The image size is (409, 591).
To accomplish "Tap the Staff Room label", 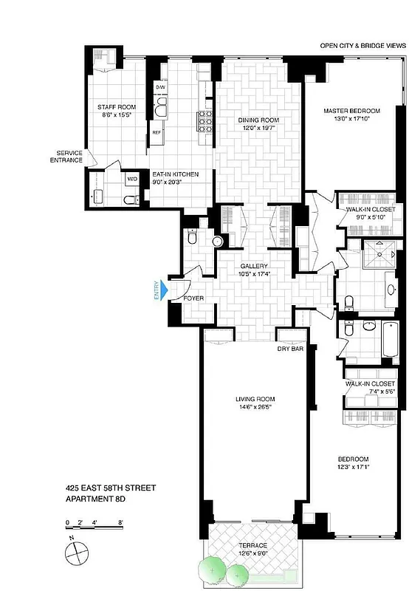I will (114, 107).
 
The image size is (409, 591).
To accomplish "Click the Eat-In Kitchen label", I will (175, 174).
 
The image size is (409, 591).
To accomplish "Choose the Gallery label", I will (253, 266).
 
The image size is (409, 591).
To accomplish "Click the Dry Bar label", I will (291, 349).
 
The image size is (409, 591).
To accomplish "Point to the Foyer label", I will (193, 298).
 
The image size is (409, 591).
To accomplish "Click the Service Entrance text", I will (66, 156).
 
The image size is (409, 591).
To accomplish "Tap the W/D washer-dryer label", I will (133, 179).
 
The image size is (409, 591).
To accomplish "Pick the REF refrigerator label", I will (157, 132).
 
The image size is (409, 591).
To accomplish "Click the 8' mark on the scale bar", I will (120, 522).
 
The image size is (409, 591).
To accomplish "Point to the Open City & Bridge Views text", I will (362, 45).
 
